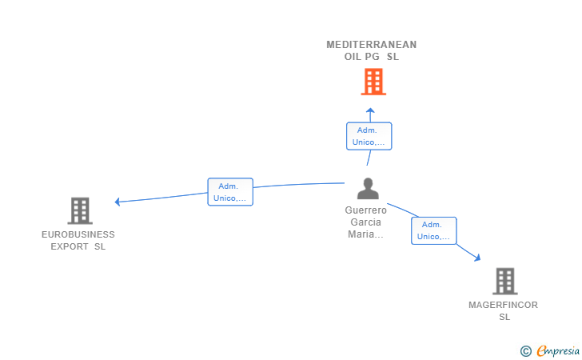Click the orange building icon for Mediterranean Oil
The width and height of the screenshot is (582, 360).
(373, 82)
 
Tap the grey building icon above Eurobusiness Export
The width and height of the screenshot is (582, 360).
(80, 210)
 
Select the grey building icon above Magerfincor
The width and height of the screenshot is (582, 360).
(505, 282)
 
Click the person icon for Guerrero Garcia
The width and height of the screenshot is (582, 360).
(368, 188)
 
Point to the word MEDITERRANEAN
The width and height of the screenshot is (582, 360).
(372, 45)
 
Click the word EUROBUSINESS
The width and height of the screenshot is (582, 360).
(78, 234)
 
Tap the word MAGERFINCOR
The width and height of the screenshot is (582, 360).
(504, 305)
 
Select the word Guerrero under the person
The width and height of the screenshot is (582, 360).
(366, 210)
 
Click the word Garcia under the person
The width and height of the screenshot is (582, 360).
(366, 222)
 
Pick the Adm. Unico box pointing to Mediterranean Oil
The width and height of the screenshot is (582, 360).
(369, 136)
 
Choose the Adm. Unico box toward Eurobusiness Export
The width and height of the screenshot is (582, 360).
(230, 192)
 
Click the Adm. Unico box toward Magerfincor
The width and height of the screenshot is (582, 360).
(434, 230)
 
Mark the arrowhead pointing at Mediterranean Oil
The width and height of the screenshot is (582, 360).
(370, 110)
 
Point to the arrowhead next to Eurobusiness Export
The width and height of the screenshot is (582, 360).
(118, 202)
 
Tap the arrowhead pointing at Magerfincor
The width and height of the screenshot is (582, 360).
(477, 258)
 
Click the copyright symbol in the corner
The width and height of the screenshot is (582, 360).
(525, 351)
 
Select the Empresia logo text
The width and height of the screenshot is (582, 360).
(558, 350)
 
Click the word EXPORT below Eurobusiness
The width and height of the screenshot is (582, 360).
(70, 246)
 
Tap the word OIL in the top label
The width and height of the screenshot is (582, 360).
(351, 57)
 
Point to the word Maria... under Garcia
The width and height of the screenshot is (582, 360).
(365, 234)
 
